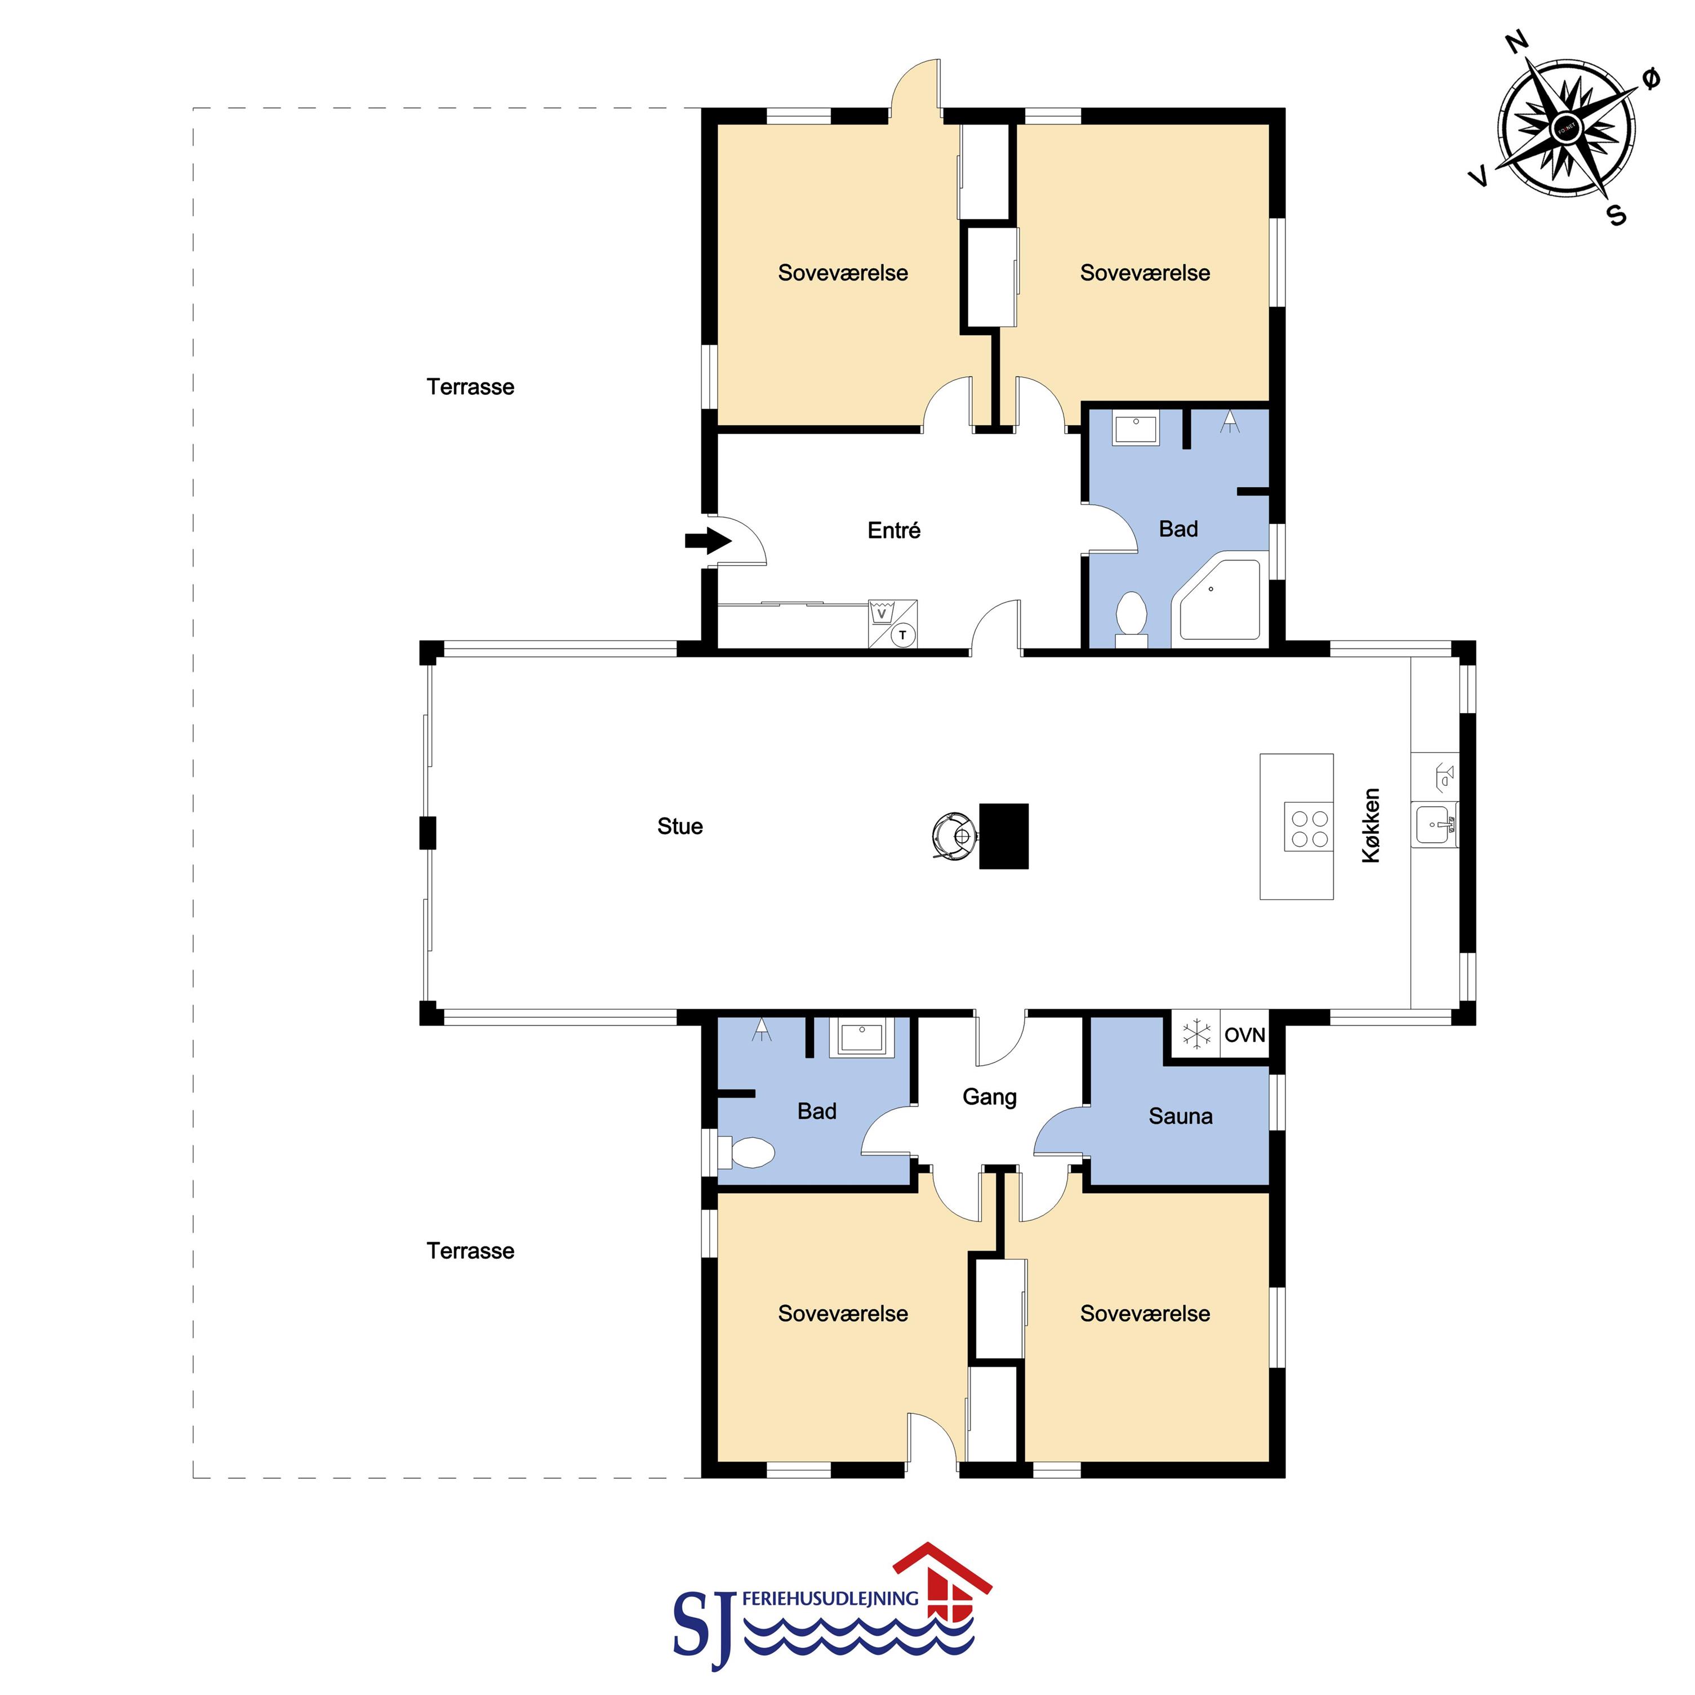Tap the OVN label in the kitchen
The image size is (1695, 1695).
point(1245,1035)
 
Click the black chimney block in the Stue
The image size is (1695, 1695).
point(1004,836)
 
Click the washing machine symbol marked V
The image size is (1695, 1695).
point(881,612)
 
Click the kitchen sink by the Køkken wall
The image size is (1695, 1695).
point(1434,824)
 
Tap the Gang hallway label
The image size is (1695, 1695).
point(990,1097)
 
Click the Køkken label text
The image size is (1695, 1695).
point(1371,826)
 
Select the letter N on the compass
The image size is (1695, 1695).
point(1517,41)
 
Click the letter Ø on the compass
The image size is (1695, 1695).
point(1650,79)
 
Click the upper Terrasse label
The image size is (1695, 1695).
point(470,387)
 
